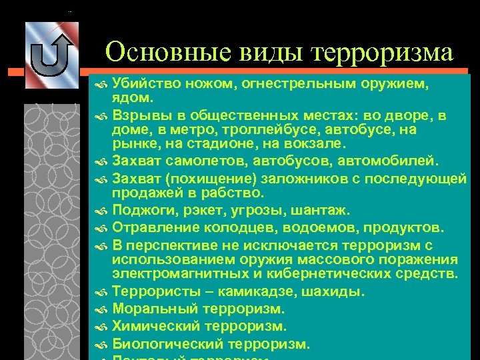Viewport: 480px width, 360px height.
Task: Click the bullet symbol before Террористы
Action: click(x=101, y=293)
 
